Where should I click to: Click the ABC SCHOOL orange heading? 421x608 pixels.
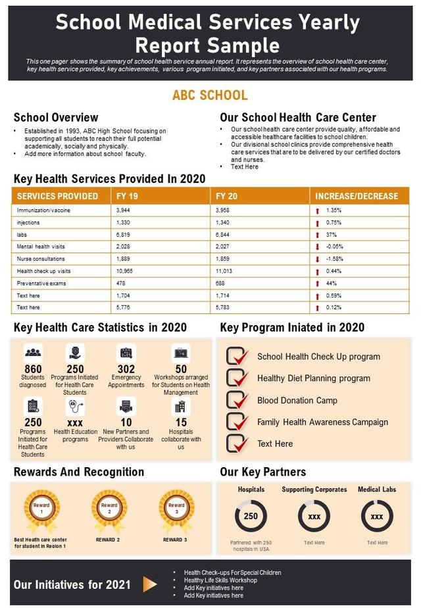[210, 95]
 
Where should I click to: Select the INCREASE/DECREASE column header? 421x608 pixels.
[357, 196]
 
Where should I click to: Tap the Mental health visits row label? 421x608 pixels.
[41, 247]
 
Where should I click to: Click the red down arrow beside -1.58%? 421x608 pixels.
[317, 259]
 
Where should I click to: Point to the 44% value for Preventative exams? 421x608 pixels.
[332, 284]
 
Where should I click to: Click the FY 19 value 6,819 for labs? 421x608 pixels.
[123, 235]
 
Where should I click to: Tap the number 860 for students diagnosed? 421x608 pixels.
[33, 369]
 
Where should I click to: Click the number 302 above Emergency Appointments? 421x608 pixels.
[126, 369]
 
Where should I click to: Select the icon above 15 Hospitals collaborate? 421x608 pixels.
[181, 405]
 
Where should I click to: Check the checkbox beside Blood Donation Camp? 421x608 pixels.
[236, 400]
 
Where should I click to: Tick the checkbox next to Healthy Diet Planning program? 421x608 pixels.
[236, 378]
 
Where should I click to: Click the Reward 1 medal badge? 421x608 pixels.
[41, 509]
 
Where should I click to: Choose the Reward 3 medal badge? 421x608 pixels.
[176, 509]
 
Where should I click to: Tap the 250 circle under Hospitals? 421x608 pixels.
[251, 517]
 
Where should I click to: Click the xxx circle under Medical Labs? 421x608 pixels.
[377, 517]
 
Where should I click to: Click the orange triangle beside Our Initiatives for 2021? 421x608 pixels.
[150, 584]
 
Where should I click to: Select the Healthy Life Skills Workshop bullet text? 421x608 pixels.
[220, 580]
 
